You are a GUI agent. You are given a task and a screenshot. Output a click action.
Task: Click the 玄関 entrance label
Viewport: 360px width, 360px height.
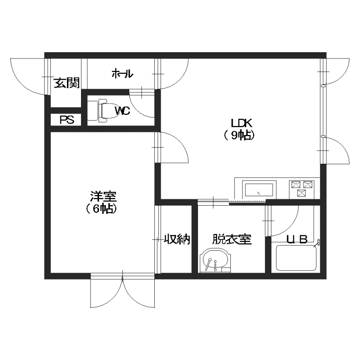click(x=67, y=83)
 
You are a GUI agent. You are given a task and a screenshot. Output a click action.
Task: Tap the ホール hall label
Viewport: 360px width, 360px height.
click(x=122, y=74)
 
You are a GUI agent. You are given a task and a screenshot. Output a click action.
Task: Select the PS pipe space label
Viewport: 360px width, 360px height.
click(x=67, y=120)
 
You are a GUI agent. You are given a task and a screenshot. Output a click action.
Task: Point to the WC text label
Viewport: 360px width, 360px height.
click(x=122, y=111)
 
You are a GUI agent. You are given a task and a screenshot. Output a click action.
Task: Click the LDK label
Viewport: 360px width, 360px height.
click(x=242, y=123)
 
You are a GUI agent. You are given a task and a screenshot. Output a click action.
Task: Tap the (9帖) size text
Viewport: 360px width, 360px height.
click(x=239, y=135)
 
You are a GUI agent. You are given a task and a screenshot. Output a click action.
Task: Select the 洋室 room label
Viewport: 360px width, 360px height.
click(x=103, y=196)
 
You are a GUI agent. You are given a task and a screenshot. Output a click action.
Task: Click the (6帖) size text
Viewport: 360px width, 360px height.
click(x=101, y=209)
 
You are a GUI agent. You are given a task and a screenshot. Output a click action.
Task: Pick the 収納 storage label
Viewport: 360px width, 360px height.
click(x=177, y=239)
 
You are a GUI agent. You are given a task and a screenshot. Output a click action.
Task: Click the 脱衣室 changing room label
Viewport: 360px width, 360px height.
click(x=232, y=239)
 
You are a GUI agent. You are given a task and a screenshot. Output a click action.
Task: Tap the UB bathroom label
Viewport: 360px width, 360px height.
click(x=297, y=240)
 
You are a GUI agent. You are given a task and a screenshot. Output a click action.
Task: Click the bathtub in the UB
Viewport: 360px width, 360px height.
click(x=296, y=258)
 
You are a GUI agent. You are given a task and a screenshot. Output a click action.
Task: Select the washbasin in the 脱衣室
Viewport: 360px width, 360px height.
click(x=215, y=261)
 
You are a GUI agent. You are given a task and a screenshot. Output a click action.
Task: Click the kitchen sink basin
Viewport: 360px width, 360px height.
click(x=258, y=190)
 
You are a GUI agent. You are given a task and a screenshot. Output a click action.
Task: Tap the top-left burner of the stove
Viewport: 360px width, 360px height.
click(x=296, y=184)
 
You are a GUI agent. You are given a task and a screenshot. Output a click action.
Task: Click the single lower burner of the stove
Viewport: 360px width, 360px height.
click(x=301, y=193)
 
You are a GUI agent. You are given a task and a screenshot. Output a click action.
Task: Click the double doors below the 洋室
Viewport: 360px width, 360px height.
click(x=122, y=290)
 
